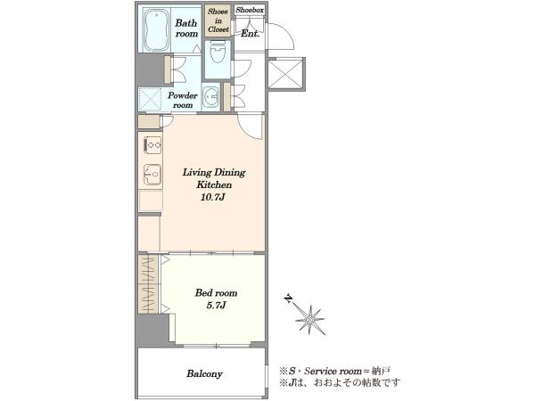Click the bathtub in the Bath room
point(156,30)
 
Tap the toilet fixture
point(218,53)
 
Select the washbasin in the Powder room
point(210,97)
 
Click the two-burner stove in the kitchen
point(152,145)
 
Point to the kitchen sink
point(152,175)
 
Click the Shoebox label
point(250,10)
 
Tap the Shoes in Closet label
point(218,20)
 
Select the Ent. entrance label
point(251,34)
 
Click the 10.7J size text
point(212,197)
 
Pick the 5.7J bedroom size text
point(216,305)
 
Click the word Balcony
point(204,374)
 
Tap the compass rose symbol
point(310,320)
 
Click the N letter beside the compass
point(289,299)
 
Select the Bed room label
point(216,293)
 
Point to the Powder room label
point(183,100)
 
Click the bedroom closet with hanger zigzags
point(148,284)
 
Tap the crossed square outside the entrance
point(286,73)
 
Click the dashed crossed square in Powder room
point(150,99)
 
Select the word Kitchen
point(214,184)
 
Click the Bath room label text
point(186,29)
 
